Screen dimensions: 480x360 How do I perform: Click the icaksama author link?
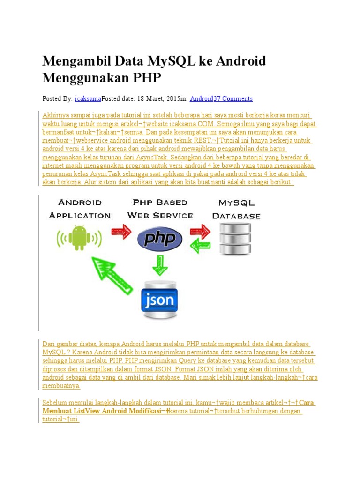click(88, 98)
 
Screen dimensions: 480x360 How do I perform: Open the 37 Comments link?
click(233, 98)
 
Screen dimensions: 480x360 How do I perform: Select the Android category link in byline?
click(202, 98)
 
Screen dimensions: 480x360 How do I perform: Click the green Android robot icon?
click(79, 238)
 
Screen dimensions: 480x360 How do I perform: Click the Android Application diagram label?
click(80, 209)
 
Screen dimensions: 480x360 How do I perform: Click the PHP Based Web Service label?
click(160, 209)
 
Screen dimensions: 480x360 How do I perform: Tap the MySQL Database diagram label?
click(236, 209)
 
